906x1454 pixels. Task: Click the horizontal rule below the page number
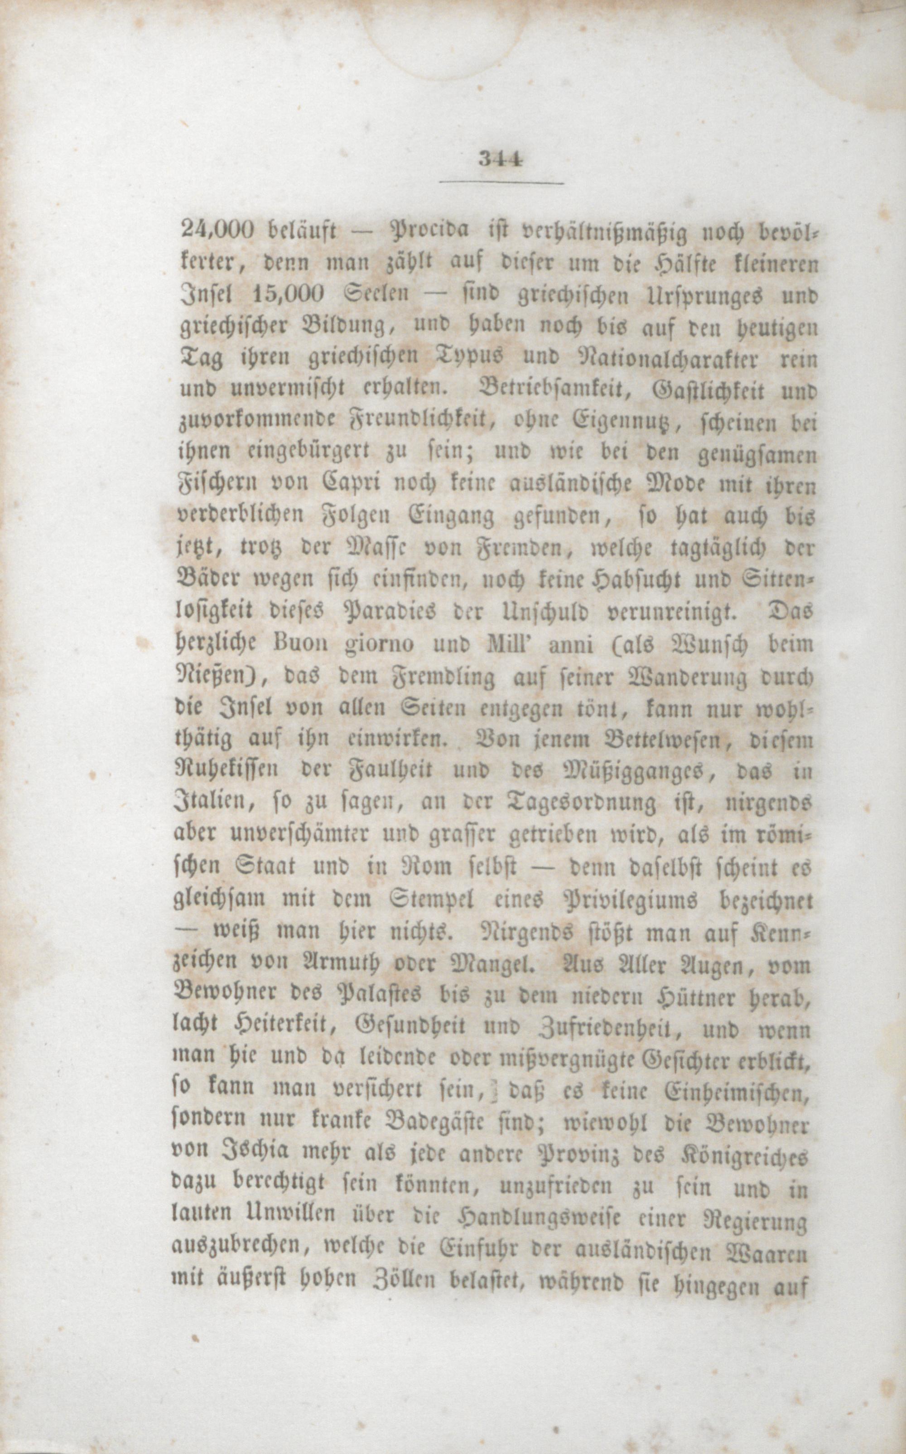501,182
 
